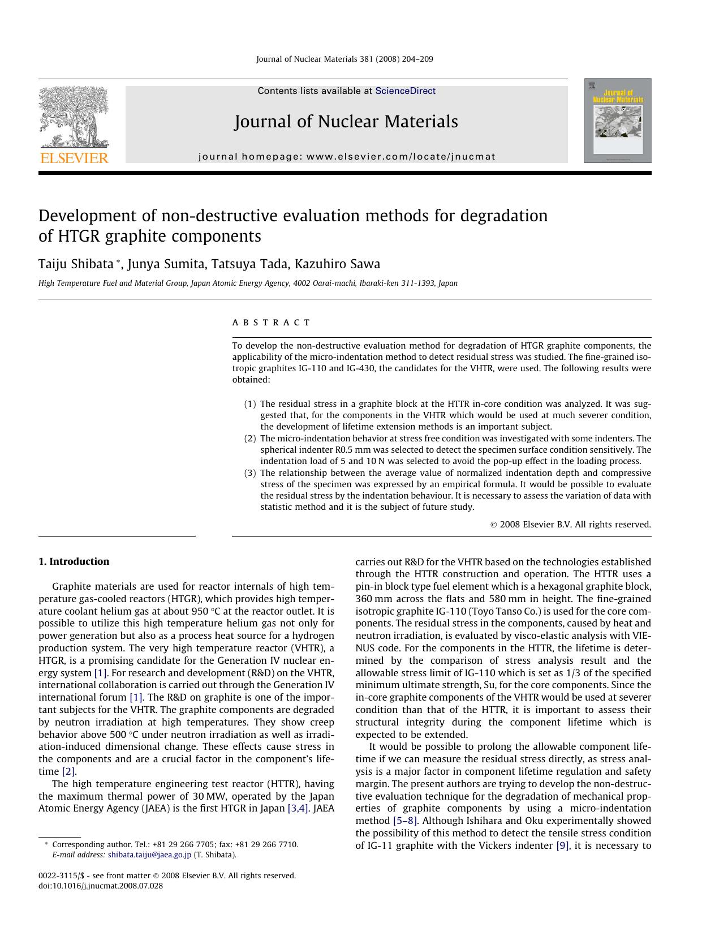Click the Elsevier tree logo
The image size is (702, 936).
74,119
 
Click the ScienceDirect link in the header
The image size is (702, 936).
405,91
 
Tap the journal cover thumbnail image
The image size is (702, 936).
618,121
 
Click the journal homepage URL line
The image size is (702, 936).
347,157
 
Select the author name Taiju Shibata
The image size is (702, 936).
76,264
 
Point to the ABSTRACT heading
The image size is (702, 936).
271,323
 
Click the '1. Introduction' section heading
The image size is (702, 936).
74,561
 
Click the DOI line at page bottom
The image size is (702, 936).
101,886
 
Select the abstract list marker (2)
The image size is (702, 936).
250,439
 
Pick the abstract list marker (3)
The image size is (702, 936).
250,473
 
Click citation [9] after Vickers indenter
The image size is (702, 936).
563,845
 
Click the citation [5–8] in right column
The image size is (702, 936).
405,821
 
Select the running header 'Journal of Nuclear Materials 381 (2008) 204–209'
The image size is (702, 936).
344,59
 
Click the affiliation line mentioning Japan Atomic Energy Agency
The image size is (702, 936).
248,284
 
